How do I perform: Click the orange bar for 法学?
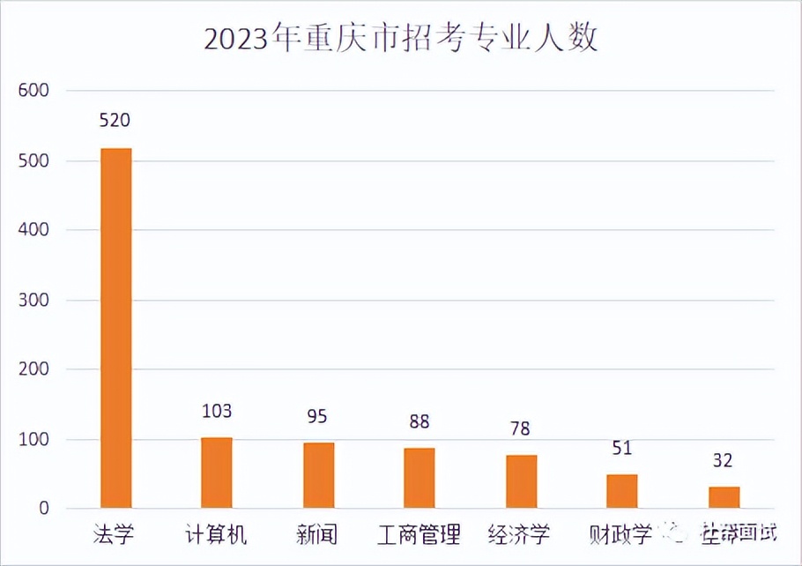click(x=116, y=328)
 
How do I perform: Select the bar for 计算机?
click(x=217, y=473)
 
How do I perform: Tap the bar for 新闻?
click(x=318, y=475)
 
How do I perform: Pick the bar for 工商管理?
click(x=420, y=478)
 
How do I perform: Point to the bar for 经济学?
click(x=521, y=481)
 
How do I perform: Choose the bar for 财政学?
click(x=621, y=491)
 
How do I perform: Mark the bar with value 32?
click(x=724, y=497)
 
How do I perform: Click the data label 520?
click(x=115, y=121)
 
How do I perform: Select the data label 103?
click(x=216, y=411)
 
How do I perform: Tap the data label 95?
click(x=318, y=416)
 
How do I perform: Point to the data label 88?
click(x=420, y=421)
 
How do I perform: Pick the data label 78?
click(x=521, y=428)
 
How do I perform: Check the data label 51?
click(x=622, y=448)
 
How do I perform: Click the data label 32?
click(x=724, y=460)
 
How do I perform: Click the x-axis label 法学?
click(x=115, y=534)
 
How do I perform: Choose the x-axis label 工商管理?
click(x=419, y=534)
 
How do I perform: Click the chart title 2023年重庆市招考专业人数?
click(x=401, y=40)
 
